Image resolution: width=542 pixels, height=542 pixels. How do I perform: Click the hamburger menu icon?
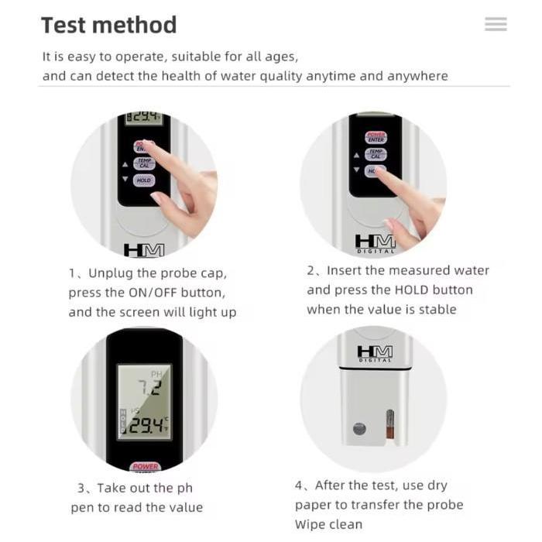coord(496,25)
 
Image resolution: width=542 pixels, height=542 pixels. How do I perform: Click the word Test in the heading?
coord(64,25)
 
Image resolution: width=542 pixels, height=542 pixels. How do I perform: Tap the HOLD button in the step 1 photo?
coord(144,180)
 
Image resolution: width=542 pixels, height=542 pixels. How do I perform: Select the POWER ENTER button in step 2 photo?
coord(376,137)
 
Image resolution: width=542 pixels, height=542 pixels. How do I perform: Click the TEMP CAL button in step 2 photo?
coord(376,154)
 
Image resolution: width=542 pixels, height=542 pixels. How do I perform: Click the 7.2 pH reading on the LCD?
coord(148,388)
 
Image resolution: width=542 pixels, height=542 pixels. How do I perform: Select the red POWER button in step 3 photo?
coord(145,466)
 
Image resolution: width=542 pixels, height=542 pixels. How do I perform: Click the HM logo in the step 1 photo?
coord(144,250)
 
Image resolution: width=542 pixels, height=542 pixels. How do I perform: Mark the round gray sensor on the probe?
coord(359,428)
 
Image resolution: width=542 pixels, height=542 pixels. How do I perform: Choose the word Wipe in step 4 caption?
coord(312,524)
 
